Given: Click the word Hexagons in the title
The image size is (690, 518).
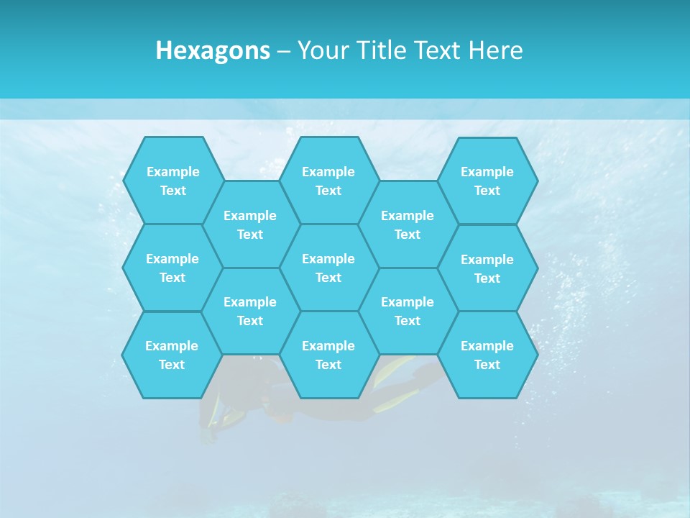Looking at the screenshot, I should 213,50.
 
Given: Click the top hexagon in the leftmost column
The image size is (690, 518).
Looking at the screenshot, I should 172,181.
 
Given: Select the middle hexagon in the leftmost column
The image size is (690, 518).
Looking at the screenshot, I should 172,268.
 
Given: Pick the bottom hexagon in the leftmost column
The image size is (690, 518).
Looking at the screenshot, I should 172,355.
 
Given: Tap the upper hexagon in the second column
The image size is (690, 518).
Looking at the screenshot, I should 250,224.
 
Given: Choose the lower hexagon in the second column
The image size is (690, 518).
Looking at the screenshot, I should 250,311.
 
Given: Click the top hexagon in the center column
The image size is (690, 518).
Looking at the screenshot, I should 328,181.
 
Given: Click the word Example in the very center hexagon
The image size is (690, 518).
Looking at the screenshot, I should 328,259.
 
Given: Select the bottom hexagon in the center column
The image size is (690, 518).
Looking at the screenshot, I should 328,355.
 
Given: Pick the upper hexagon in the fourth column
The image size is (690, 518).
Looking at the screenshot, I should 408,224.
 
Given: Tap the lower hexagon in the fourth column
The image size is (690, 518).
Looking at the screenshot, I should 408,311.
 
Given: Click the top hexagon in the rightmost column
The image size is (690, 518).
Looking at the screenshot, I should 487,181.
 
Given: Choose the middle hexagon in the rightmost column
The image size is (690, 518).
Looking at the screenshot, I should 487,268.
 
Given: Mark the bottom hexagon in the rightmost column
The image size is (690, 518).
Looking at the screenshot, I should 487,355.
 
